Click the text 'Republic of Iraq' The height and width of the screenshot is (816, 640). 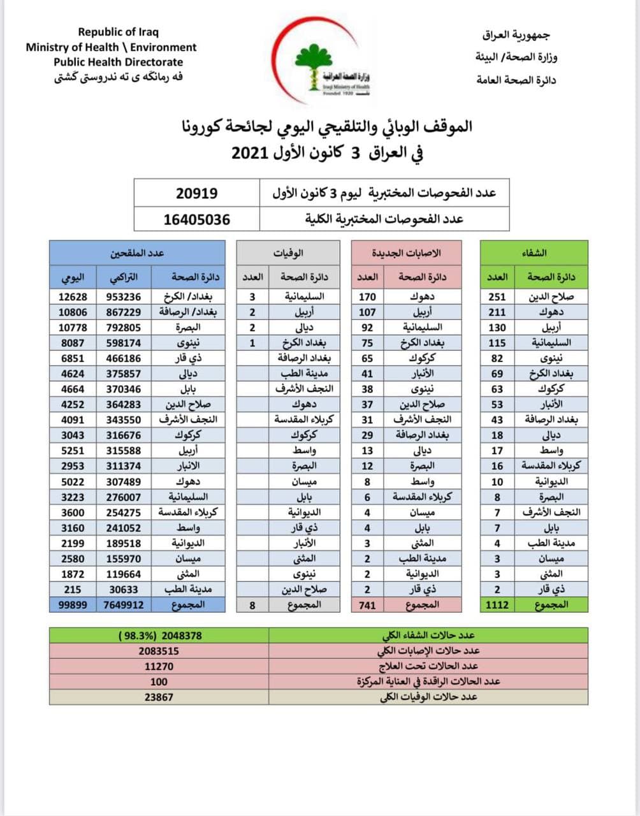tap(118, 32)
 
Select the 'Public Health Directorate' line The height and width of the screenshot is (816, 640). tap(118, 62)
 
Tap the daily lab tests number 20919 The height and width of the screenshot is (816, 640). tap(196, 193)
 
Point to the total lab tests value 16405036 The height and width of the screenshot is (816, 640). tap(196, 220)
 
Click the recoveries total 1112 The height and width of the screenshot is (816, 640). tap(497, 605)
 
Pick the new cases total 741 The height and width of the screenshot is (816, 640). tap(367, 605)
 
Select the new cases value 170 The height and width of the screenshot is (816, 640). tap(367, 297)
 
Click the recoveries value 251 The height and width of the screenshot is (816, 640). tap(497, 297)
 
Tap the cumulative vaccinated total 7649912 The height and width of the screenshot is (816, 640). tap(124, 605)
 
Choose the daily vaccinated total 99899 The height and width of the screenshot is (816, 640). tap(73, 605)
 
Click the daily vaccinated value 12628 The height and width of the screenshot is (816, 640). tap(73, 297)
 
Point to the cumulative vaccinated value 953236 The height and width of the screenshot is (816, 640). tap(124, 297)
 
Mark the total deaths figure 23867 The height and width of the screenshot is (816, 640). tap(159, 697)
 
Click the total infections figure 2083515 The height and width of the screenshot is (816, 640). tap(159, 651)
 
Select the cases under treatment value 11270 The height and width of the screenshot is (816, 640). tap(159, 666)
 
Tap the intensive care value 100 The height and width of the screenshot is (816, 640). tap(159, 681)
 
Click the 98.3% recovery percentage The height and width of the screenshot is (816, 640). tap(135, 636)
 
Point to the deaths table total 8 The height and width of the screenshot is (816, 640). tap(252, 605)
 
